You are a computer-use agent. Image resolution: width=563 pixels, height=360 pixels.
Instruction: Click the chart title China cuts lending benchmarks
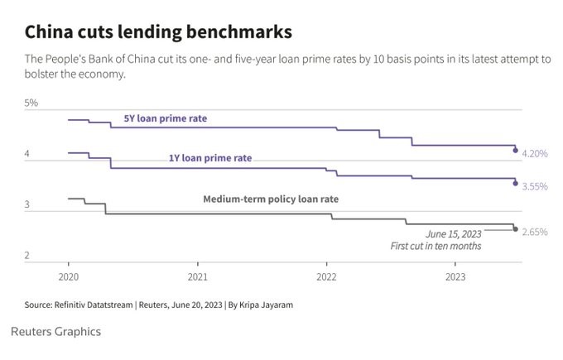click(158, 32)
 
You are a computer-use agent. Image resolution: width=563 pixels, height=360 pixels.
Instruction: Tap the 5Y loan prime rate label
click(166, 118)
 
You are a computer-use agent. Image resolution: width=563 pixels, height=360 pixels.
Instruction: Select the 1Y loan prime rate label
click(211, 157)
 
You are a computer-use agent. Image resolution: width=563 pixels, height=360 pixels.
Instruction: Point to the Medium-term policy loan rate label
click(271, 199)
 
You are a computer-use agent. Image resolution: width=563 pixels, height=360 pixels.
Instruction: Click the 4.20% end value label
click(535, 154)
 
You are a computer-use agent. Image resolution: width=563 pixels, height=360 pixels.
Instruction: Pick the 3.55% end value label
click(535, 187)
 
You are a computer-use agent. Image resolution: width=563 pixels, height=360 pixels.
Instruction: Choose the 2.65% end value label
click(535, 233)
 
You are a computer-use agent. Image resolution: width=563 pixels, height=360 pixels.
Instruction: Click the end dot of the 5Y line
click(516, 151)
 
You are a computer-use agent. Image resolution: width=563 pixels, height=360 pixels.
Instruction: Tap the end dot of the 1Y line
click(516, 183)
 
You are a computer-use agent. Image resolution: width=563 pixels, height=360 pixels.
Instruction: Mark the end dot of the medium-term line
click(516, 229)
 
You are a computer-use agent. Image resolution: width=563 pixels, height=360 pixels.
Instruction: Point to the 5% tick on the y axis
click(31, 103)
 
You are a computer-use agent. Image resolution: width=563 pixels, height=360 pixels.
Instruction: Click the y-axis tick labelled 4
click(27, 155)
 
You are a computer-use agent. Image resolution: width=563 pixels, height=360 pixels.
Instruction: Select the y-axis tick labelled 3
click(27, 204)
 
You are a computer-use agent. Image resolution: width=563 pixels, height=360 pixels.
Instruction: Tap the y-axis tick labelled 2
click(27, 256)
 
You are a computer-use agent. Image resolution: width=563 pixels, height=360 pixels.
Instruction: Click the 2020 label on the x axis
click(69, 276)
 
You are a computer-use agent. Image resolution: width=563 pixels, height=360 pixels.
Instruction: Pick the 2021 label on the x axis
click(198, 276)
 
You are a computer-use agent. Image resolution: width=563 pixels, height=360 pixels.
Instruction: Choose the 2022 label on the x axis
click(327, 276)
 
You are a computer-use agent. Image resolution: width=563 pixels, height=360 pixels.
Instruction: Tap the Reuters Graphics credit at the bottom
click(56, 331)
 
